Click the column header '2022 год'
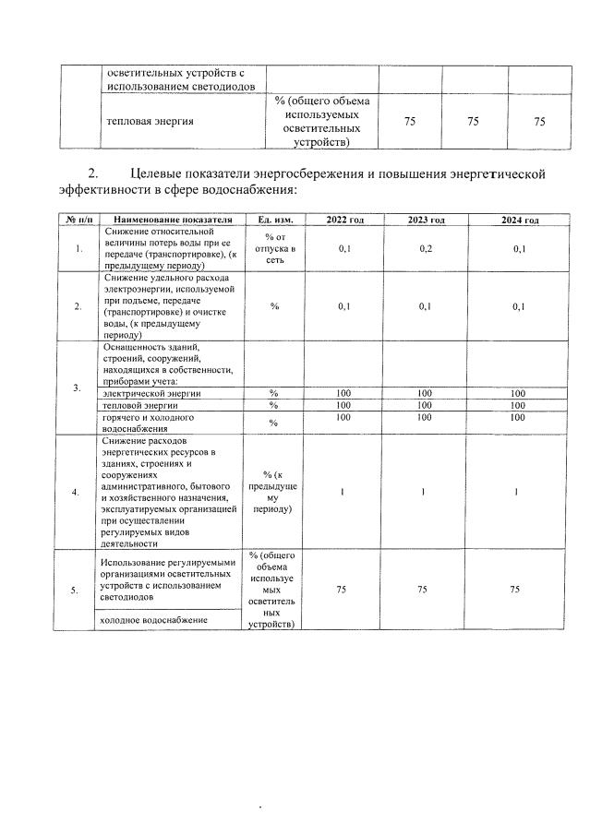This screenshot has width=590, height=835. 345,221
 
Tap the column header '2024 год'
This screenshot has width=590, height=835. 519,221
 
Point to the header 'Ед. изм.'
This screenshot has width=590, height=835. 274,221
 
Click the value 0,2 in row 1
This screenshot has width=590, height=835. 426,249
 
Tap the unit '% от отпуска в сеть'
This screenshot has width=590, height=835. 274,249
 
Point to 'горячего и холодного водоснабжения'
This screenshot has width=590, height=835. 148,423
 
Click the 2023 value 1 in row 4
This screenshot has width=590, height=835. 423,493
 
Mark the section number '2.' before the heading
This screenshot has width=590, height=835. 92,173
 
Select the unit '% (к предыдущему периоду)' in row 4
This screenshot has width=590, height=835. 274,492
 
